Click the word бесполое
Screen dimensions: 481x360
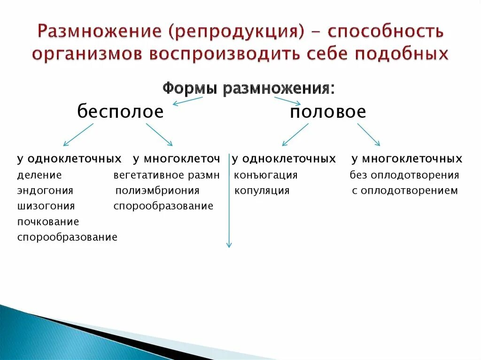point(120,112)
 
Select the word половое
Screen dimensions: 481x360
point(328,112)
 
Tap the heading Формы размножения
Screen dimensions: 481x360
point(248,88)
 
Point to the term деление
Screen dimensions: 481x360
point(39,176)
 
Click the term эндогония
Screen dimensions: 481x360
point(45,191)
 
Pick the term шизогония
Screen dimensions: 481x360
point(46,206)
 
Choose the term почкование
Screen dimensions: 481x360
point(48,222)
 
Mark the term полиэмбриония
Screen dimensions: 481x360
point(157,191)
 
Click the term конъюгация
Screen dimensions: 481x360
point(265,176)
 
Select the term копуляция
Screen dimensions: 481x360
point(262,191)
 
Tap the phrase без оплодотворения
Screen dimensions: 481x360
point(404,176)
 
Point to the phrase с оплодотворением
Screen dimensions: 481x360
point(404,191)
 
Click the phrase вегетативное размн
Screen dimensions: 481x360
point(166,176)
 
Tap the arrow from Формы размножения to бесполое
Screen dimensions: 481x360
point(187,100)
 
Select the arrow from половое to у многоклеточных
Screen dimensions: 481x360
point(369,134)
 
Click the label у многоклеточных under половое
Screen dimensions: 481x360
point(407,159)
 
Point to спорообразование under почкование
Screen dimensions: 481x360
point(67,237)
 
